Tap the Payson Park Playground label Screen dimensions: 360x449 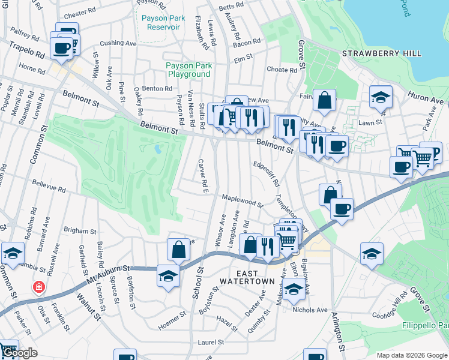point(188,70)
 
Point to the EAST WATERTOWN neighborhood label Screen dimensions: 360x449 point(247,276)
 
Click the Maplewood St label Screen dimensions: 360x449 point(243,200)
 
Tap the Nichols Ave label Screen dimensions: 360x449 point(310,310)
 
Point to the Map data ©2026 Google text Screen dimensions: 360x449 point(412,355)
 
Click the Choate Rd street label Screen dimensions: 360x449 point(282,70)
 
